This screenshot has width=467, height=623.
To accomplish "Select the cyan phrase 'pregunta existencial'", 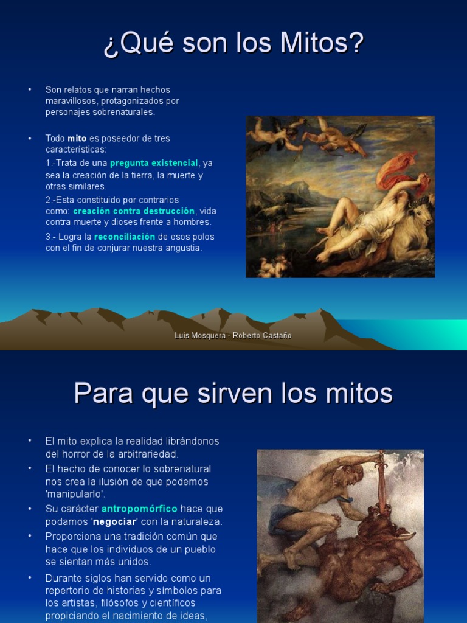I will (154, 163).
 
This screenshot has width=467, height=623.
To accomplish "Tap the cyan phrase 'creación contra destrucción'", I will (134, 211).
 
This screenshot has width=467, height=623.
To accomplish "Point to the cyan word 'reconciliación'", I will (125, 237).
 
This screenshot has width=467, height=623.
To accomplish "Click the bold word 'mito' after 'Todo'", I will (77, 138).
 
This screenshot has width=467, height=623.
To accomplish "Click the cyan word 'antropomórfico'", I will (139, 509).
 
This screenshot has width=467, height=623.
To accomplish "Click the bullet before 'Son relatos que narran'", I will (29, 90).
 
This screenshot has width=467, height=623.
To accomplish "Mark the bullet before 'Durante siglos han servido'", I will (29, 578).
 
